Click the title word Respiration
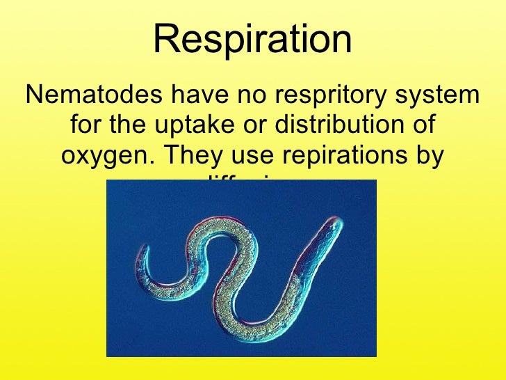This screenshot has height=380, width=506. coord(252,40)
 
